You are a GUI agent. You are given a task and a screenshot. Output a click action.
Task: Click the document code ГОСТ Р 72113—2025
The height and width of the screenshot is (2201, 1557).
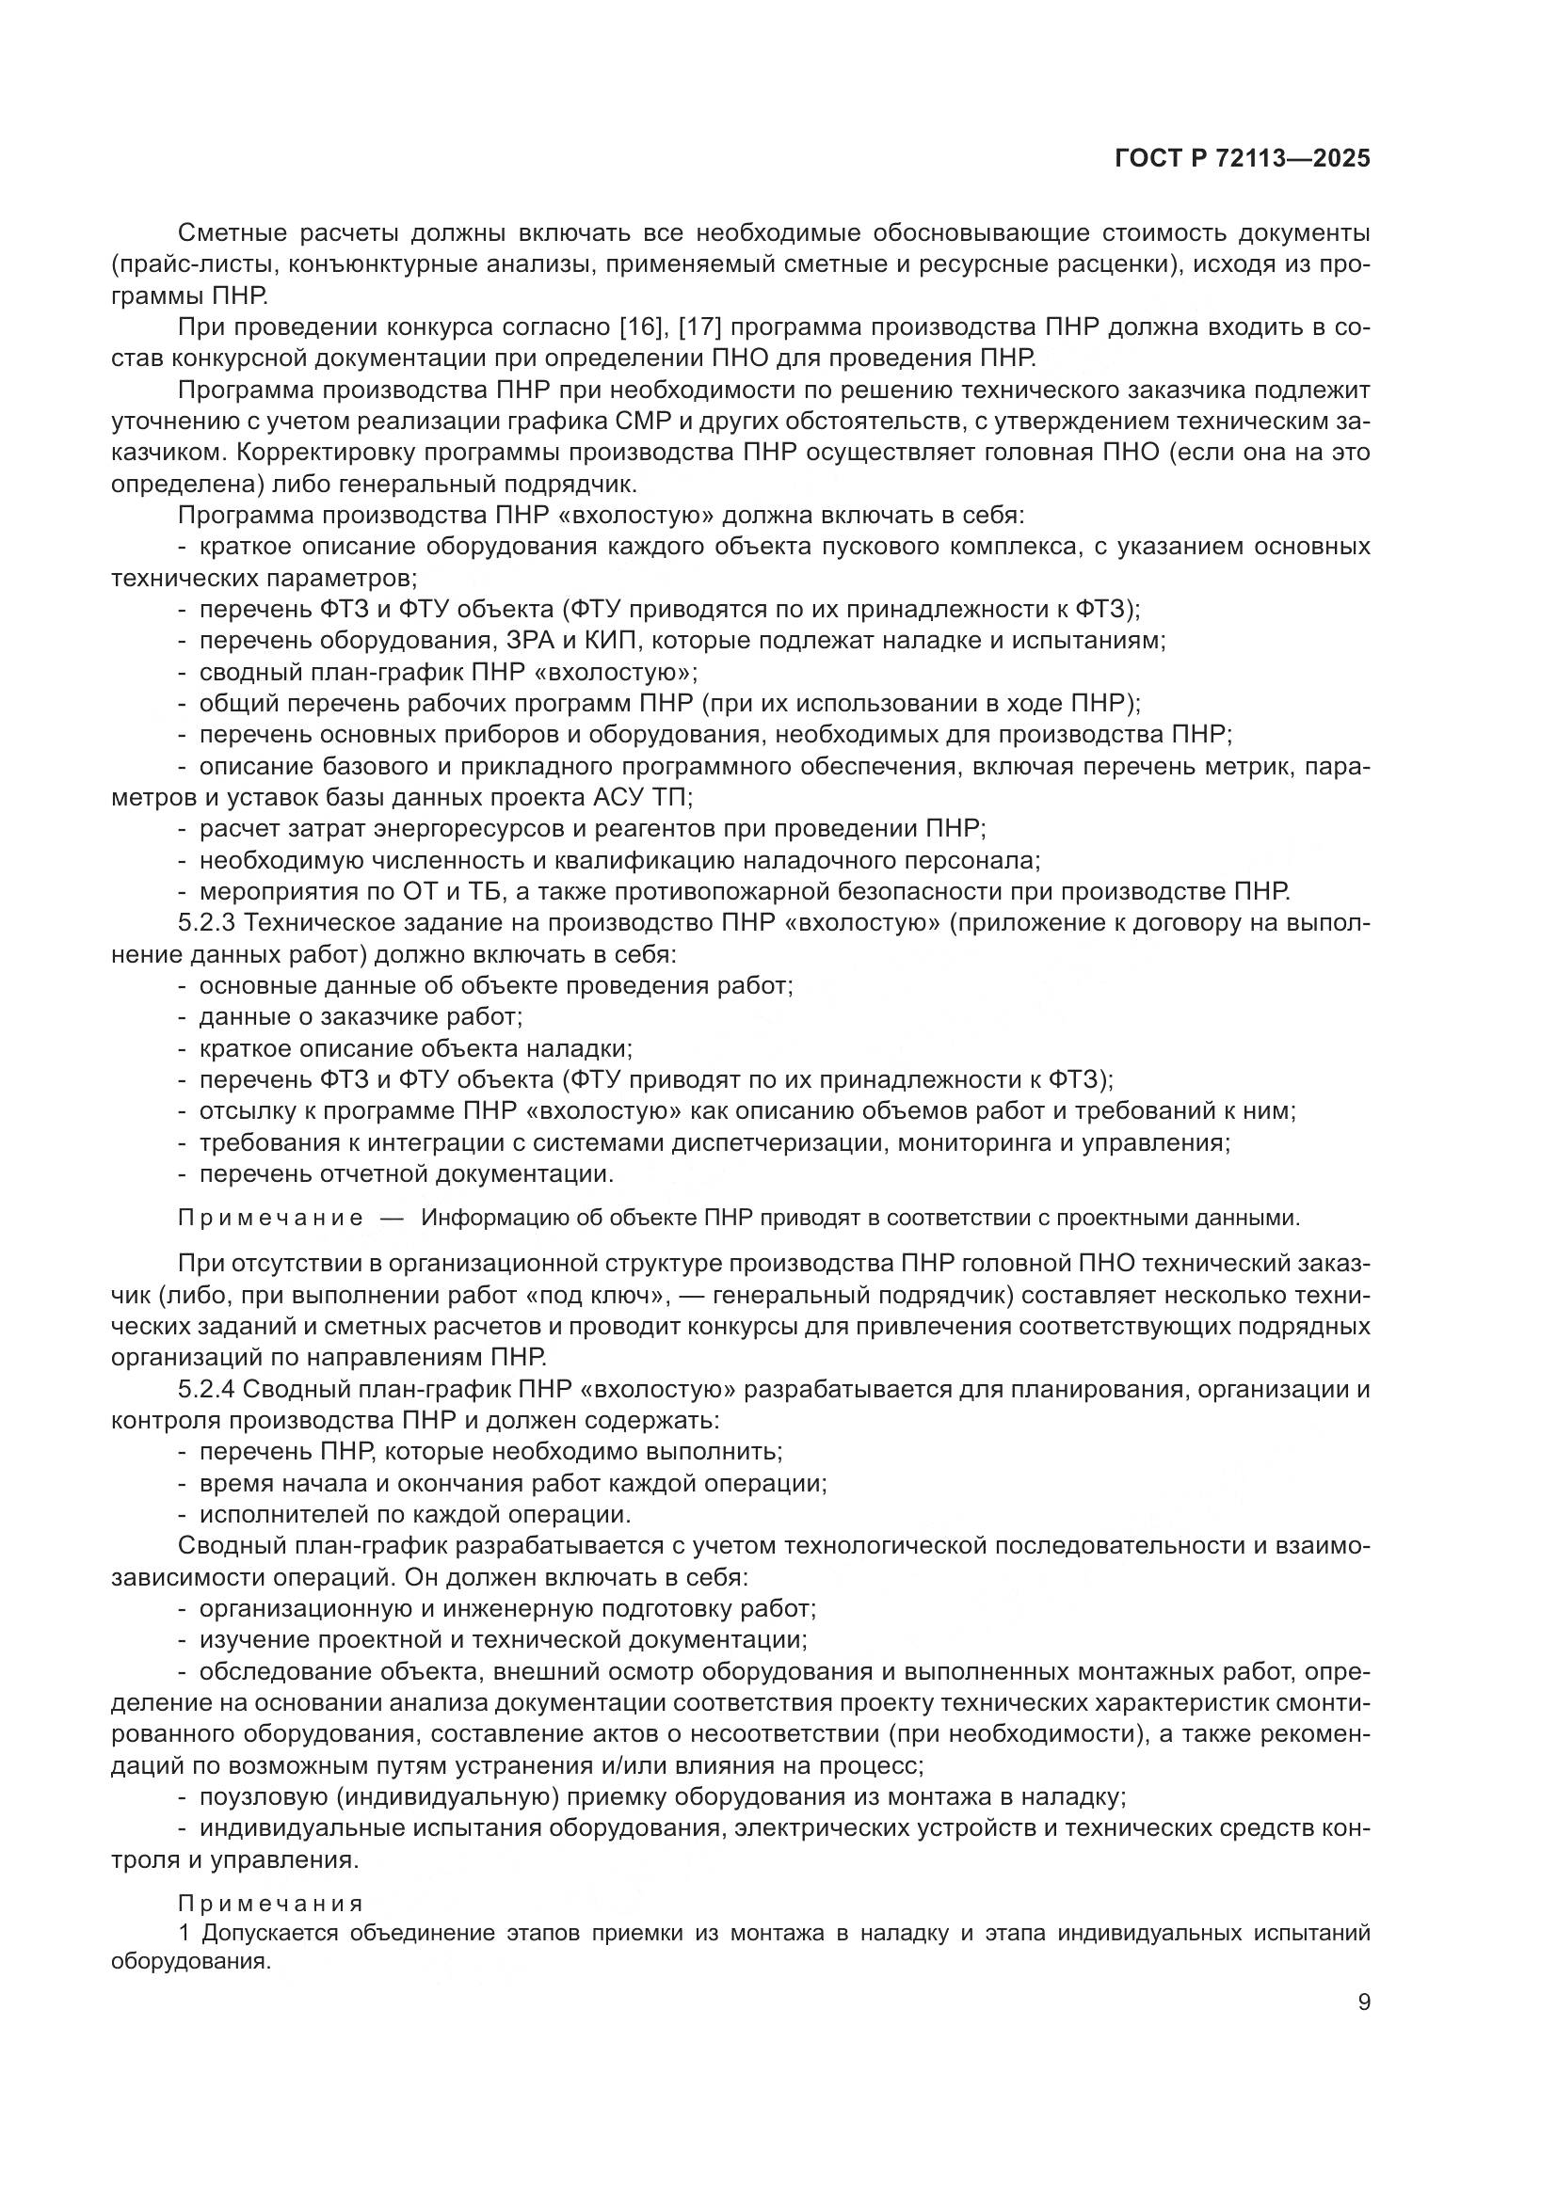(x=1242, y=159)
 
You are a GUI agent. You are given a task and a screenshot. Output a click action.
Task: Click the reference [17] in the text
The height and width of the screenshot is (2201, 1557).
(x=699, y=327)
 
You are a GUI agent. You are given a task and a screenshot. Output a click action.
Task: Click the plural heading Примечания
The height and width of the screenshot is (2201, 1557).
(x=270, y=1903)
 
